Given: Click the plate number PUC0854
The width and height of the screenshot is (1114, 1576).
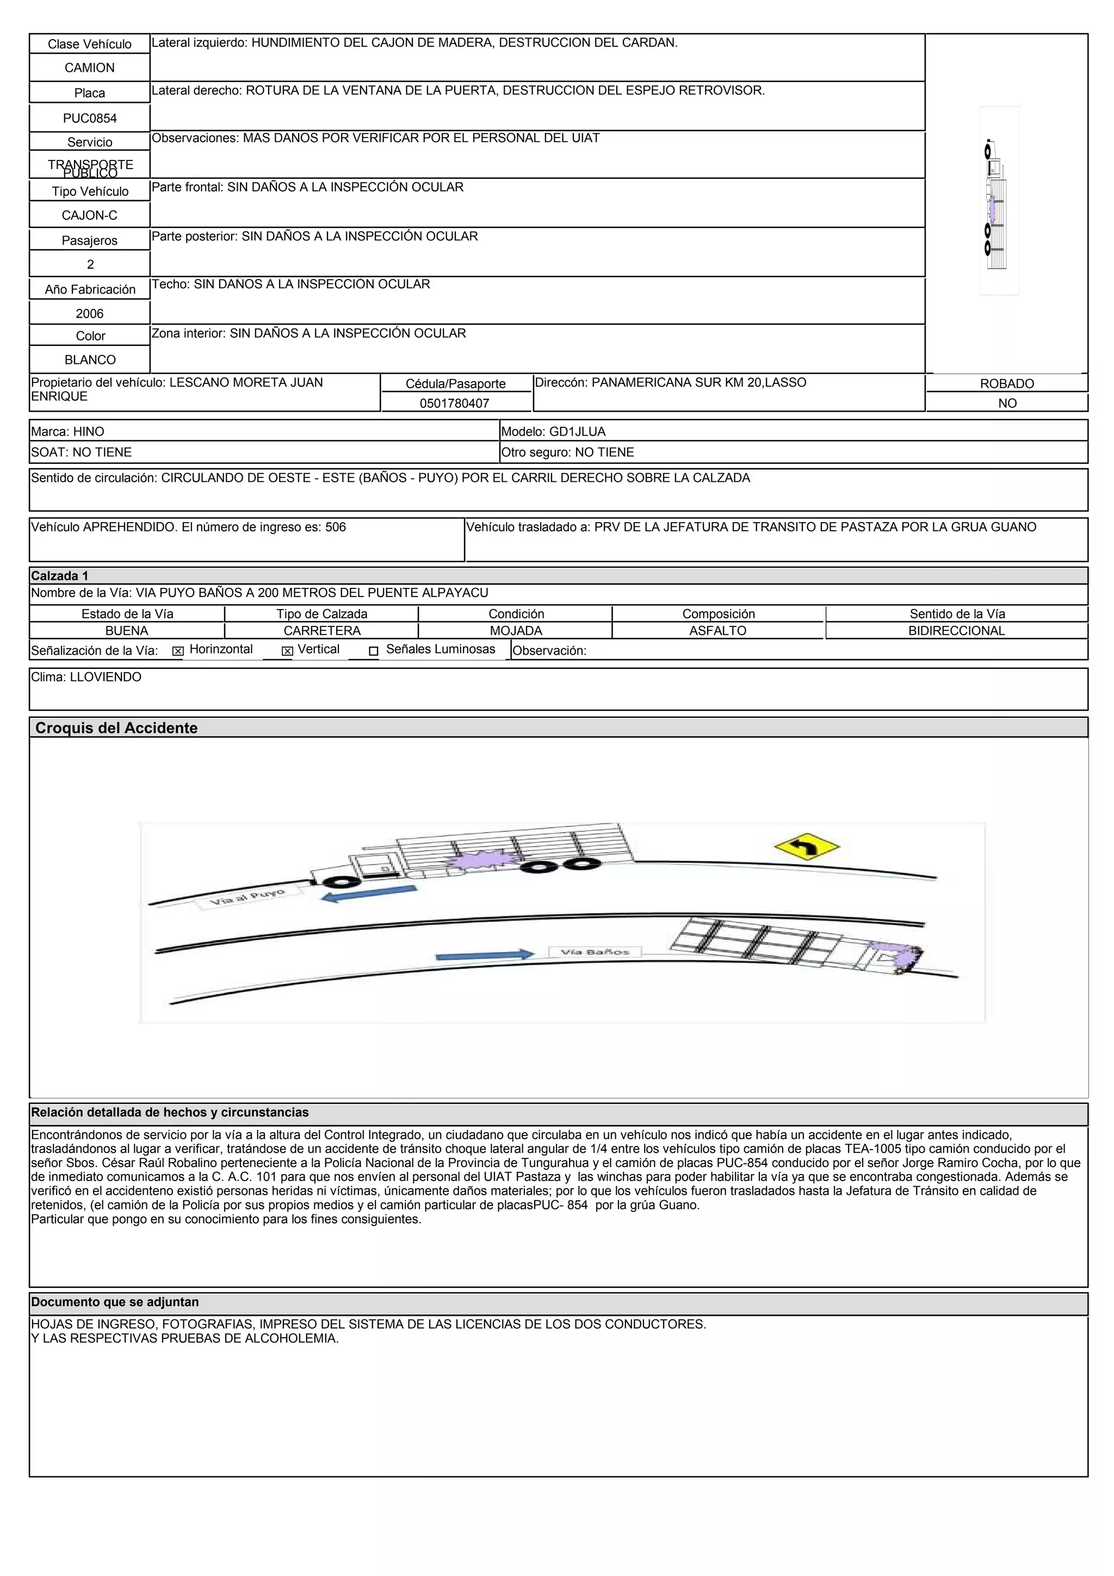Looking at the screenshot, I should [89, 118].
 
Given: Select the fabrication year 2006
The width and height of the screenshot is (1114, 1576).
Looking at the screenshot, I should [89, 314].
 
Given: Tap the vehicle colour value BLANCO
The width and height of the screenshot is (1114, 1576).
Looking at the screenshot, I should [89, 359].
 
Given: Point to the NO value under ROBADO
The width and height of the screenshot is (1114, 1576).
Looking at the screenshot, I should [1007, 403].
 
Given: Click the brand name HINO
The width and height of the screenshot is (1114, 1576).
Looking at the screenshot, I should [89, 432].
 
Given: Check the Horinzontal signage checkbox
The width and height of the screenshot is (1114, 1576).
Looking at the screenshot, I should [178, 651].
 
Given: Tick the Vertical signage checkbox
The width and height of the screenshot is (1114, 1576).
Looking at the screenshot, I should [288, 651].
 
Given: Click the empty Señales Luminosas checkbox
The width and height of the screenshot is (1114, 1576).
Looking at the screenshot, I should [373, 651].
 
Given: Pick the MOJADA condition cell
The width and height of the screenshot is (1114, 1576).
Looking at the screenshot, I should [516, 631].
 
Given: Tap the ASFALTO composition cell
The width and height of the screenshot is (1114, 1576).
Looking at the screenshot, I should [717, 631].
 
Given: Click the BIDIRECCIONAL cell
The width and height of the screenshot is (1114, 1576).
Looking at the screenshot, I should [956, 631].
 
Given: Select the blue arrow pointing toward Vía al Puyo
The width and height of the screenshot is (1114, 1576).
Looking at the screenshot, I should [369, 894].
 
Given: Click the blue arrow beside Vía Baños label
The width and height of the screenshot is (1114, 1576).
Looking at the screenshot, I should [485, 955].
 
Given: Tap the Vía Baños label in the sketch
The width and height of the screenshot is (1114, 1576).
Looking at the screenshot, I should [595, 952].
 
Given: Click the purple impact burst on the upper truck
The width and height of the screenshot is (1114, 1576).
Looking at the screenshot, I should [475, 860].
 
